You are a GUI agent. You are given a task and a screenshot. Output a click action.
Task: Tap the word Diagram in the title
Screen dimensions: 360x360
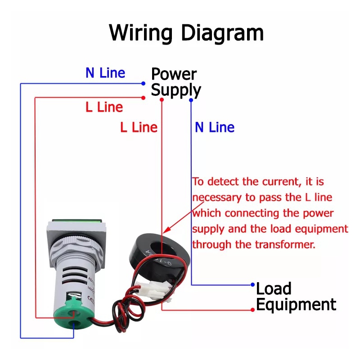point(222,34)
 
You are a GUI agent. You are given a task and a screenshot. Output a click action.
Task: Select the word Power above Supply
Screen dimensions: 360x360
point(174,74)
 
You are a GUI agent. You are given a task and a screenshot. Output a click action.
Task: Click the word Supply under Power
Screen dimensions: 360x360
point(175,90)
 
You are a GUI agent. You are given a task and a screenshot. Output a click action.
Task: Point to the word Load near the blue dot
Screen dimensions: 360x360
point(274,288)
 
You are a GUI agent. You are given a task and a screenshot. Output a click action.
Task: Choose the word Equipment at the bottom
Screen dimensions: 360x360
point(296,305)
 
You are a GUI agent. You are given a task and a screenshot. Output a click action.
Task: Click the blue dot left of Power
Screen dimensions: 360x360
point(143,84)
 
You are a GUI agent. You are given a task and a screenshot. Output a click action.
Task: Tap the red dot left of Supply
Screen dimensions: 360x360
point(143,98)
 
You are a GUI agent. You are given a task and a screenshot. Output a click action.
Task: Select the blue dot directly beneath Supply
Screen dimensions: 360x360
point(191,99)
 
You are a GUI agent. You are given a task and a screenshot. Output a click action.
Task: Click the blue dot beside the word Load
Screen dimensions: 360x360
point(252,285)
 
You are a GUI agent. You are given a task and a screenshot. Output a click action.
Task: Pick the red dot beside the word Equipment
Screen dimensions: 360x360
point(252,310)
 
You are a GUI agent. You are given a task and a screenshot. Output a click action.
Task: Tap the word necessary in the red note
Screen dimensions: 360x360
point(215,198)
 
